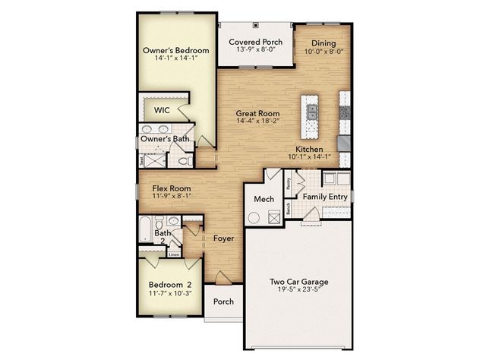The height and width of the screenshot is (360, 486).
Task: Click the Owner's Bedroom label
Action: [175, 51]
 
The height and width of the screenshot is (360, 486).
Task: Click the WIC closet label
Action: [162, 110]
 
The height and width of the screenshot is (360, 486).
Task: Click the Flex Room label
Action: [171, 188]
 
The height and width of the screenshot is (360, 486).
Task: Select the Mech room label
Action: [264, 199]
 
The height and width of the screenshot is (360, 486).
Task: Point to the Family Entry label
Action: [326, 197]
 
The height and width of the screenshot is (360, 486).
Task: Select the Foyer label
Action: [223, 238]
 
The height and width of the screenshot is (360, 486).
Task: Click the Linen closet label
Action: [174, 255]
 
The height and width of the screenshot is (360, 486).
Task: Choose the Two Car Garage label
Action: [298, 282]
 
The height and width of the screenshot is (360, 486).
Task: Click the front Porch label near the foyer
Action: [222, 302]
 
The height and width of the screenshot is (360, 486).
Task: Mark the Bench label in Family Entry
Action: [289, 207]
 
